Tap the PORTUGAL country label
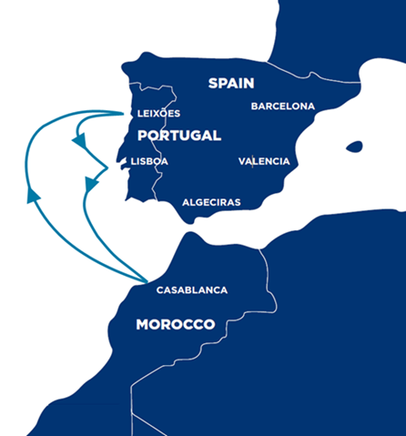tap(179, 136)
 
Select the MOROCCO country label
tap(176, 325)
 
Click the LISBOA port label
tap(149, 162)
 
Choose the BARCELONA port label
tap(283, 106)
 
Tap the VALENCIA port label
tap(264, 162)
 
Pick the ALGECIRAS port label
tap(211, 202)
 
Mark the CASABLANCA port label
tap(192, 290)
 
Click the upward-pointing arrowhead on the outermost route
tap(34, 193)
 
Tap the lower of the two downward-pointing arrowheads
tap(90, 186)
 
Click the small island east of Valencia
tap(353, 147)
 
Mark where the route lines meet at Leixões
tap(124, 114)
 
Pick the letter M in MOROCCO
tap(142, 325)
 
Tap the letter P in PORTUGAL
tap(142, 136)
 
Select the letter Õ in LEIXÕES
tap(164, 113)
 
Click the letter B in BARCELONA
tap(255, 106)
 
